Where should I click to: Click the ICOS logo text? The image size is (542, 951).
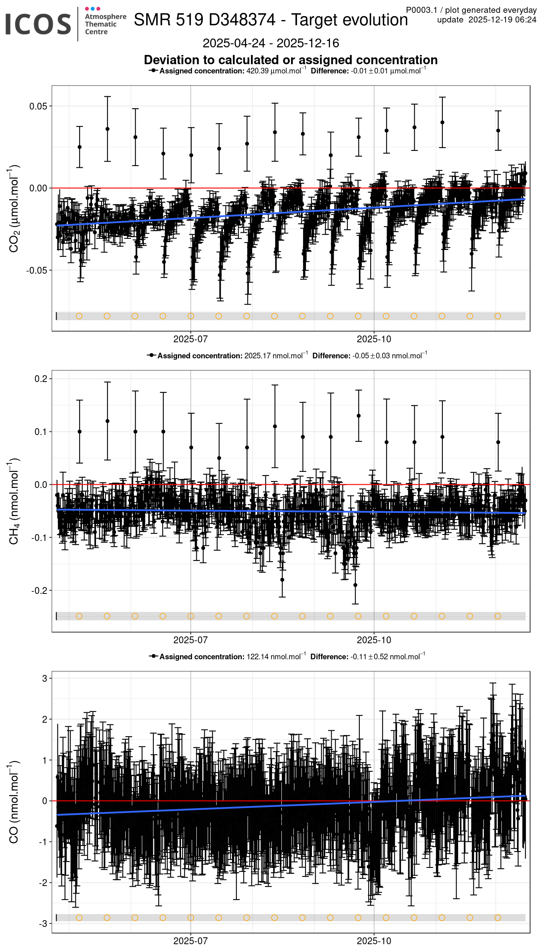pos(38,24)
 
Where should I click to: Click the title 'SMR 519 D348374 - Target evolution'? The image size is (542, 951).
pos(271,20)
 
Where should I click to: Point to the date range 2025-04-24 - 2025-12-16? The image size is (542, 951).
pos(271,43)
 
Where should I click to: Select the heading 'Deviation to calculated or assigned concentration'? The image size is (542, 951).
pos(291,60)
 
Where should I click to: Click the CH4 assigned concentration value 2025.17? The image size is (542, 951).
pos(257,356)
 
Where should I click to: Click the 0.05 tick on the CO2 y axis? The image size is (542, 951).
pos(38,106)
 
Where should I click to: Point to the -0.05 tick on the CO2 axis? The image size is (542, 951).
pos(37,270)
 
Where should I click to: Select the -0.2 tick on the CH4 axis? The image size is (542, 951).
pos(39,591)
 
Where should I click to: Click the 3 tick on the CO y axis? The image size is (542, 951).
pos(45,679)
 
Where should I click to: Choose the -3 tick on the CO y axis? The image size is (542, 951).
pos(43,924)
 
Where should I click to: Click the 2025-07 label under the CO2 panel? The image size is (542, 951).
pos(190,339)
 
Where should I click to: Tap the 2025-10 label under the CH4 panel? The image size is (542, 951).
pos(374,640)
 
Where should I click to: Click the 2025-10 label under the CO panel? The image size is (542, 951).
pos(374,941)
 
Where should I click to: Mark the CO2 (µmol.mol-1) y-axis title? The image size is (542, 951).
pos(14,208)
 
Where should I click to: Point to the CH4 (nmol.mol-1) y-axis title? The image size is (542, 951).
pos(14,501)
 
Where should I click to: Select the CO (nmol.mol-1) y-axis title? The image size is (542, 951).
pos(14,802)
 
